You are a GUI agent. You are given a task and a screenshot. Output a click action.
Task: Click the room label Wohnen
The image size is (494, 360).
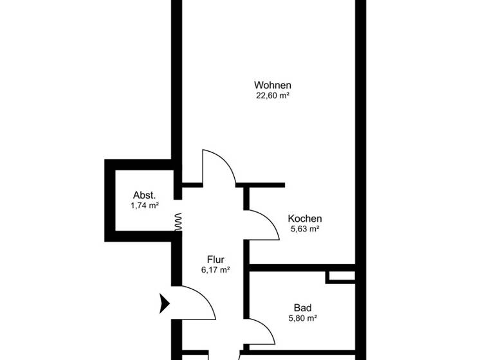pyautogui.click(x=273, y=85)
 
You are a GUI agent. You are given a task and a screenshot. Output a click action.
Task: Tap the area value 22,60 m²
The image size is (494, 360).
pyautogui.click(x=273, y=96)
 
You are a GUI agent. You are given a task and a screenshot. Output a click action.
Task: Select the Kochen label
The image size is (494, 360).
pyautogui.click(x=305, y=219)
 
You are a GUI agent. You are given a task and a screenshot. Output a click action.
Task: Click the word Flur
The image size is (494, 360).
pyautogui.click(x=215, y=260)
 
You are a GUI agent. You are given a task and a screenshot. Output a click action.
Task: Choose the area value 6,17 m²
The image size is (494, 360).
pyautogui.click(x=215, y=271)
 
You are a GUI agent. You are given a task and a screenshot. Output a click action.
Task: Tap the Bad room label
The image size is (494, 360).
pyautogui.click(x=302, y=307)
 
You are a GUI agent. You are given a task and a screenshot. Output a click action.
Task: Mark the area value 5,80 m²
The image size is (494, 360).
pyautogui.click(x=302, y=318)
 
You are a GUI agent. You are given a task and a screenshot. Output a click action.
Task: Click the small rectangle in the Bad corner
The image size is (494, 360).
pyautogui.click(x=340, y=276)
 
